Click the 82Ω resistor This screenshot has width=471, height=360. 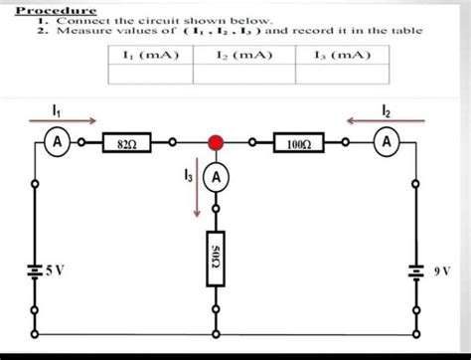pos(126,143)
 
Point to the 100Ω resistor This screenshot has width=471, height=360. pos(298,143)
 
